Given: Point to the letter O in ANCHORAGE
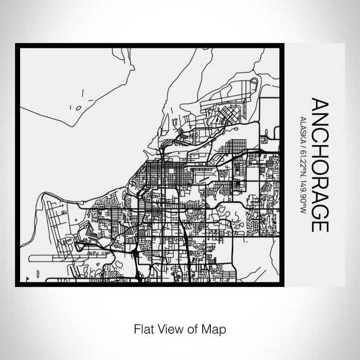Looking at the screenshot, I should [x=319, y=168].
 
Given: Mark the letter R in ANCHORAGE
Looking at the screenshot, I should [x=319, y=184].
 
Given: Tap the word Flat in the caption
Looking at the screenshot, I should [x=142, y=328].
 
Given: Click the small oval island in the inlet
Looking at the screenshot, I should [x=78, y=109].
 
